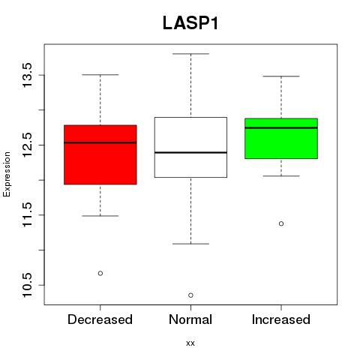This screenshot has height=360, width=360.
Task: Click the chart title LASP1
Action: [190, 23]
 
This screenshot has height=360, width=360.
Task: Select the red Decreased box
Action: [100, 154]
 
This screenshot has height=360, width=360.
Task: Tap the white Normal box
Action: [190, 147]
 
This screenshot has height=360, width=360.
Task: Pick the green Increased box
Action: [281, 139]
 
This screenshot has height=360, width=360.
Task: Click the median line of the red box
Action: [100, 142]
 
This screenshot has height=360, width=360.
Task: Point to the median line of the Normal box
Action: [190, 152]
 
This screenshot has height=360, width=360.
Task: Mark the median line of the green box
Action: [281, 127]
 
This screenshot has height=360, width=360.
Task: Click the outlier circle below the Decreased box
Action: [100, 273]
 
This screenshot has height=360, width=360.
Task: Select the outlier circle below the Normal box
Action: [190, 295]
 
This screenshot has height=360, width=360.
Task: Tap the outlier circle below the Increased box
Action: [281, 223]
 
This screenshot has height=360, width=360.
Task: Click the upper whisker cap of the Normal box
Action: [190, 54]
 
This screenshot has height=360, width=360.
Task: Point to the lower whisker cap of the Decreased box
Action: [100, 216]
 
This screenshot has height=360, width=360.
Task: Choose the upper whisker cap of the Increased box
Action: [281, 76]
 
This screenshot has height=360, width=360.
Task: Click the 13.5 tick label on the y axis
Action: [27, 75]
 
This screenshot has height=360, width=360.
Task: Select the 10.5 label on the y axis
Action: [27, 285]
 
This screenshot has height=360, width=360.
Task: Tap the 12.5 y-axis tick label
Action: [27, 145]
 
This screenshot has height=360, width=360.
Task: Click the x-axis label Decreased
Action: [100, 319]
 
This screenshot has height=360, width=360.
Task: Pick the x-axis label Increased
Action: [281, 319]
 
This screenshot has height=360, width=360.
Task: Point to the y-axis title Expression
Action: [7, 174]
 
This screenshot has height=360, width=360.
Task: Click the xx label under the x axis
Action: [190, 343]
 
